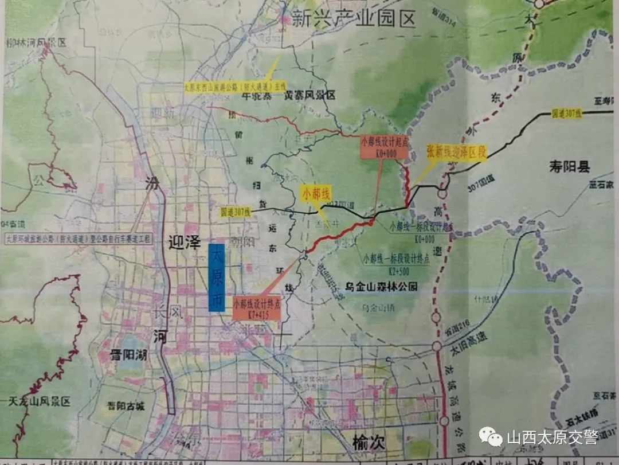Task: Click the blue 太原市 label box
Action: [216, 278]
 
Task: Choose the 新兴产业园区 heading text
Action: [353, 20]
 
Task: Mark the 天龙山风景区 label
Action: [37, 402]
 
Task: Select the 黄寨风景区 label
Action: [309, 95]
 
